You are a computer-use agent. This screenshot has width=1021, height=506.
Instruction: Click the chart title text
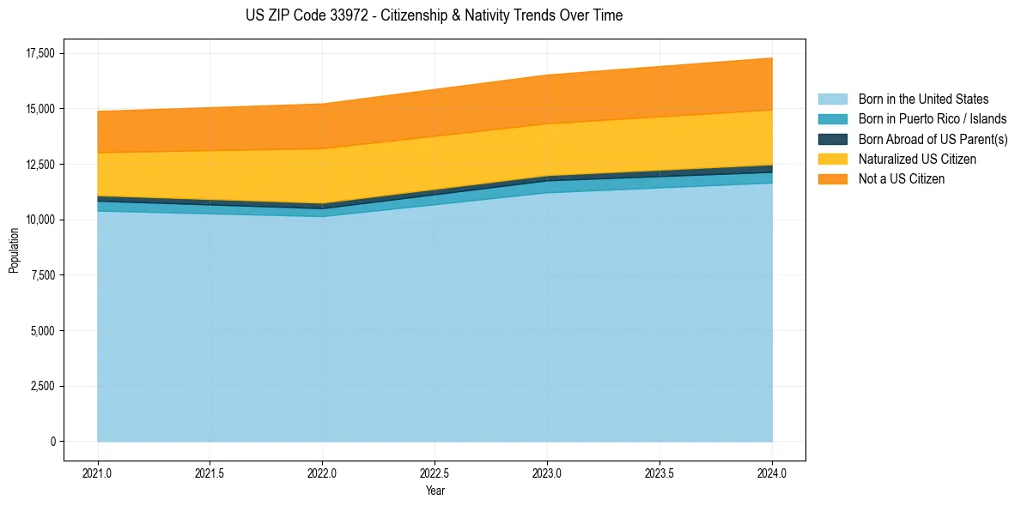coord(434,15)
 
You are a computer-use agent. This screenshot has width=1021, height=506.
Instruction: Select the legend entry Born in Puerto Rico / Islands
coord(933,119)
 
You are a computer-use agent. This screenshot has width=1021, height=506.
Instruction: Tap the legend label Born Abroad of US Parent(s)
coord(933,139)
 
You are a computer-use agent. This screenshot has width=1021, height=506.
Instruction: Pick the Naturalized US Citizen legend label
coord(917,160)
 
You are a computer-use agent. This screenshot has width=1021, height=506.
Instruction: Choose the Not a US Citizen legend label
coord(901,179)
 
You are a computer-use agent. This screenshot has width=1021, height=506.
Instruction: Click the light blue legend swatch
coord(832,99)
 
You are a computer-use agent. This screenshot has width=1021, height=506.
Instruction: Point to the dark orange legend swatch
coord(832,179)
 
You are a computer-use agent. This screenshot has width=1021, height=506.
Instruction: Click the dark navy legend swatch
coord(832,139)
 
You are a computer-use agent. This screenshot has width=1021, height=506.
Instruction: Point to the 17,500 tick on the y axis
coord(40,53)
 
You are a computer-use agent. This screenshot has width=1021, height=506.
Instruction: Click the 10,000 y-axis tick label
coord(40,220)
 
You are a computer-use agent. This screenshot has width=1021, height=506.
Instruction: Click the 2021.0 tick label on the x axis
coord(98,473)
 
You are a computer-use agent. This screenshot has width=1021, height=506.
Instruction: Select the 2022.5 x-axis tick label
coord(435,473)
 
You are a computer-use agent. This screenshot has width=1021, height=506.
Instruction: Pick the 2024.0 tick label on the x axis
coord(772,473)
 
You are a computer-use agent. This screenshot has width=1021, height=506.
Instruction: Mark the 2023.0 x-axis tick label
coord(547,473)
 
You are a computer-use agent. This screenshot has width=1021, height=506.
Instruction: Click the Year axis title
coord(435,491)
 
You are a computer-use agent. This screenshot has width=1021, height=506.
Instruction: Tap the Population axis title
coord(14,250)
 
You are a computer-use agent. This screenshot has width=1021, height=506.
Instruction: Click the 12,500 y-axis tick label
coord(40,165)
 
